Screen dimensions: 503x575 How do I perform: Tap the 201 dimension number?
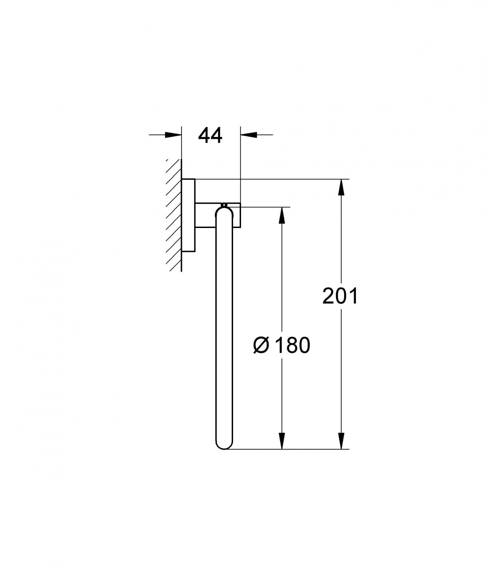click(340, 295)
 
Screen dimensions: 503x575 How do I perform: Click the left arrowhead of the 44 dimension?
click(173, 135)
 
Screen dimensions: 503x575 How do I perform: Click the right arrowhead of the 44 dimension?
click(249, 135)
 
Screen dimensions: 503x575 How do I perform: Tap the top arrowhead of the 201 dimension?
click(341, 187)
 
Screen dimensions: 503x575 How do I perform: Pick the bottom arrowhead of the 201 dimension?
click(341, 441)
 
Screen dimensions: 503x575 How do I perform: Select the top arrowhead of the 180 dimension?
click(282, 215)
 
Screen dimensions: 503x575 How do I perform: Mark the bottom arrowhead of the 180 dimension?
click(282, 441)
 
